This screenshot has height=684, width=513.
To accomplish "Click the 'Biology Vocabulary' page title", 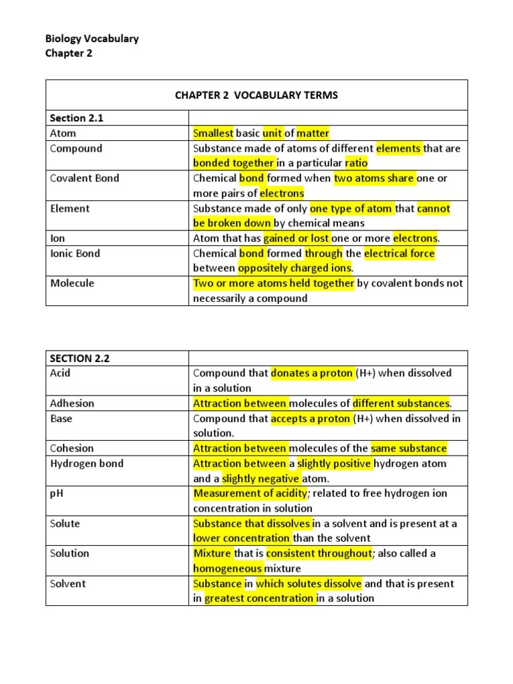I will tap(92, 39).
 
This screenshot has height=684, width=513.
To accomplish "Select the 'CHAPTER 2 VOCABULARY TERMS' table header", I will tap(256, 96).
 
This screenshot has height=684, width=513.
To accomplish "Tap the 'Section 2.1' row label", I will tap(77, 118).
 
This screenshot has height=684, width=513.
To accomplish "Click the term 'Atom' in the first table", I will tap(63, 134).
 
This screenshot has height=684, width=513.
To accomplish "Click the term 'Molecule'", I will tap(72, 283).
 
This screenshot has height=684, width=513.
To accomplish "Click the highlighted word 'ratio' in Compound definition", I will tap(356, 163).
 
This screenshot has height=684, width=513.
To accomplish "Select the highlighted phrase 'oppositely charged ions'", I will tap(295, 269).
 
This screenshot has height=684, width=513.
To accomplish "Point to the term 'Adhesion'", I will tap(72, 403).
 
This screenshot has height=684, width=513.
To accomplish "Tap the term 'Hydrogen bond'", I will tap(87, 464).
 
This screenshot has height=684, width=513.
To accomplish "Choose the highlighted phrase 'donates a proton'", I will tap(311, 373).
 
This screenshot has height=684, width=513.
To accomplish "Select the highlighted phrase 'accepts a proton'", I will tap(310, 419).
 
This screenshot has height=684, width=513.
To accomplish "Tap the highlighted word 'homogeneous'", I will tap(227, 568).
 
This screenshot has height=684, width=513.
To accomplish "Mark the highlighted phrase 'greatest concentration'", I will tap(259, 598).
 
